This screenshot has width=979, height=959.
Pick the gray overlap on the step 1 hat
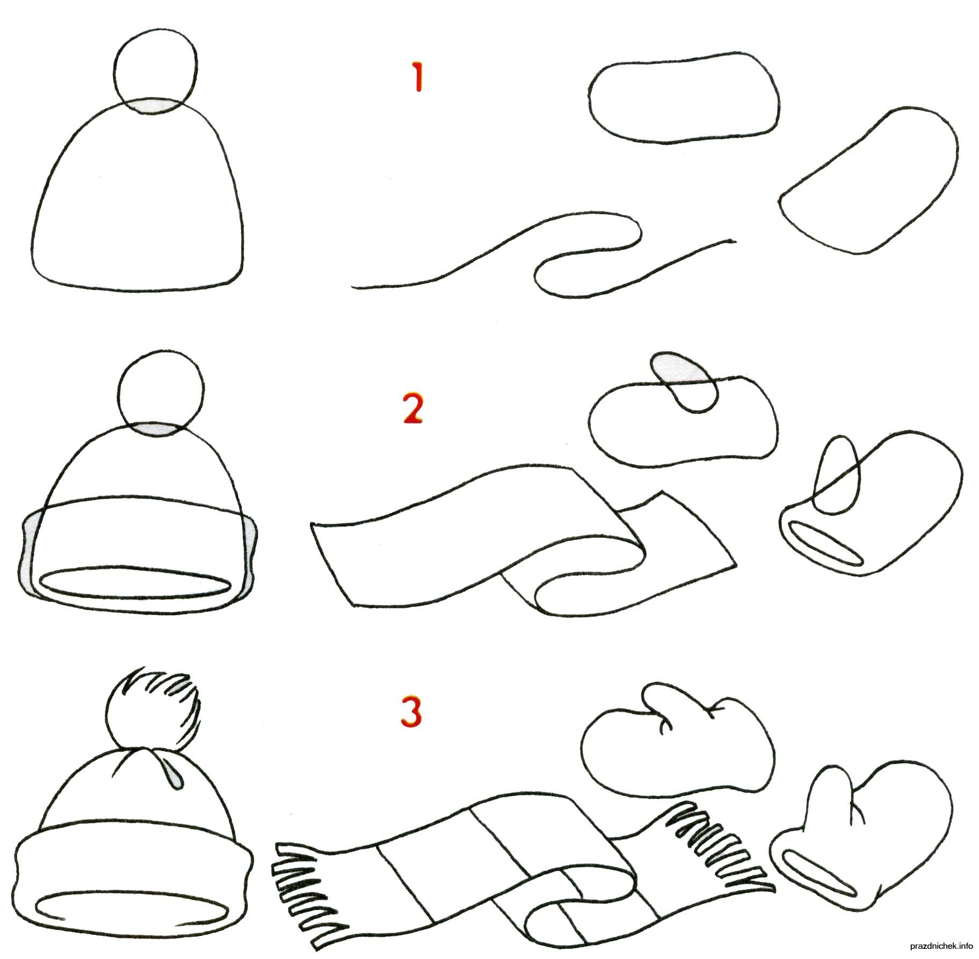(155, 105)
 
